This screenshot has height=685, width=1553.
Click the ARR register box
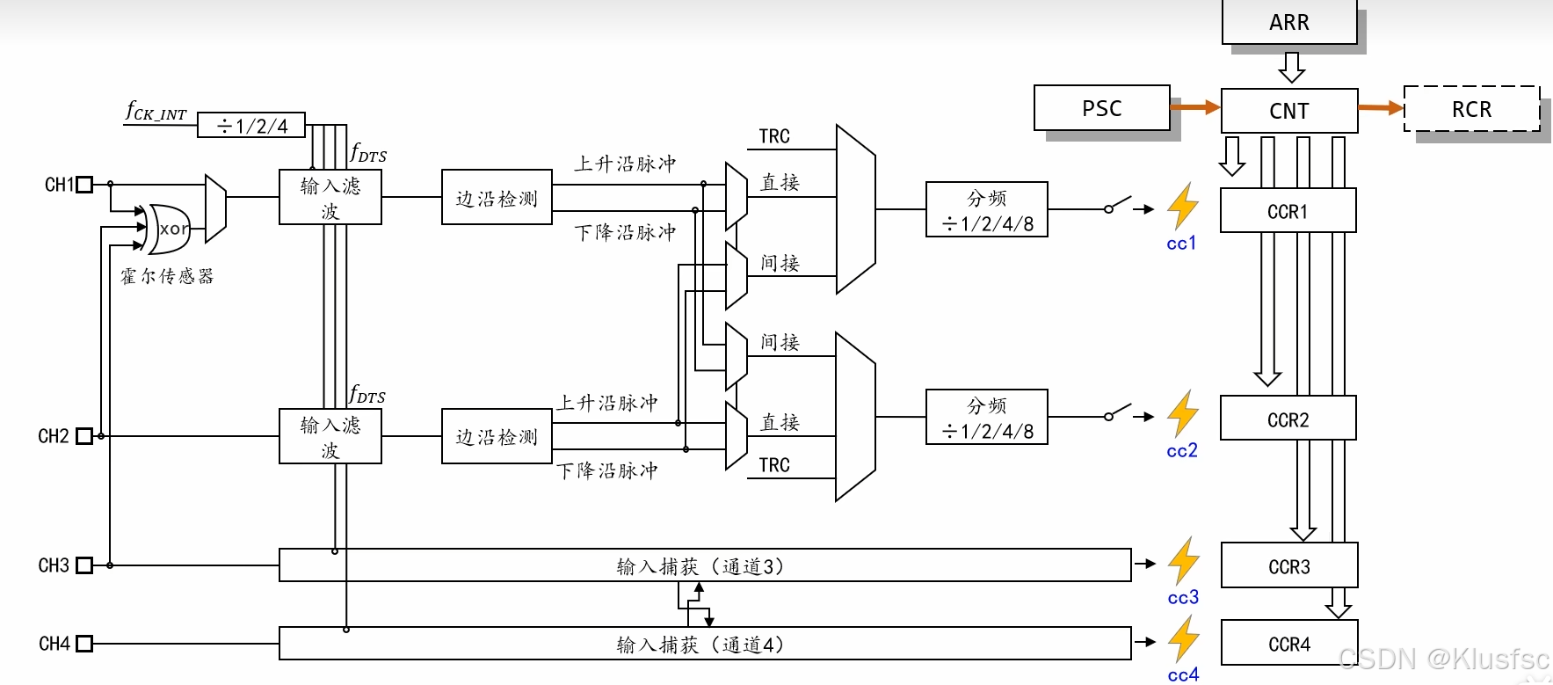pyautogui.click(x=1288, y=22)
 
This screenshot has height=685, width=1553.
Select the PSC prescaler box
pyautogui.click(x=1101, y=108)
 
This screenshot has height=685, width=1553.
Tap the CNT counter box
pyautogui.click(x=1288, y=111)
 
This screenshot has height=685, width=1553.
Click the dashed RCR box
pyautogui.click(x=1471, y=109)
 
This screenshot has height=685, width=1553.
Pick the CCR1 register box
pyautogui.click(x=1288, y=211)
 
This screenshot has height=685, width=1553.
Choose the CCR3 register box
pyautogui.click(x=1288, y=566)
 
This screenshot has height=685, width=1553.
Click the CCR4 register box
pyautogui.click(x=1288, y=644)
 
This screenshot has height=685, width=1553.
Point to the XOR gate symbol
pyautogui.click(x=170, y=229)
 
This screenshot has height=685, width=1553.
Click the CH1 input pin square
pyautogui.click(x=84, y=185)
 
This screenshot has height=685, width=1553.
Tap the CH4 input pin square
pyautogui.click(x=84, y=644)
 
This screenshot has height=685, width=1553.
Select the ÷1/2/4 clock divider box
pyautogui.click(x=251, y=126)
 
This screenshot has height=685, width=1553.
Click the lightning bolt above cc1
pyautogui.click(x=1183, y=206)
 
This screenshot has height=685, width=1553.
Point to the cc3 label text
pyautogui.click(x=1183, y=598)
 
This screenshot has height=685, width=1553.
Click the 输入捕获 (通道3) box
pyautogui.click(x=703, y=565)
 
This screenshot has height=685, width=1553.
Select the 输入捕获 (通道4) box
pyautogui.click(x=703, y=644)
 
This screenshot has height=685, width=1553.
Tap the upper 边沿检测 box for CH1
pyautogui.click(x=497, y=198)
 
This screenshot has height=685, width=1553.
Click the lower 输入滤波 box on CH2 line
pyautogui.click(x=330, y=436)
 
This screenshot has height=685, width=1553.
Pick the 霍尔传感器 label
pyautogui.click(x=167, y=276)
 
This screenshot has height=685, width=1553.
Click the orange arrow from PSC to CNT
pyautogui.click(x=1195, y=107)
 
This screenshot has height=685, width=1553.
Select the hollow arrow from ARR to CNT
pyautogui.click(x=1291, y=67)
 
